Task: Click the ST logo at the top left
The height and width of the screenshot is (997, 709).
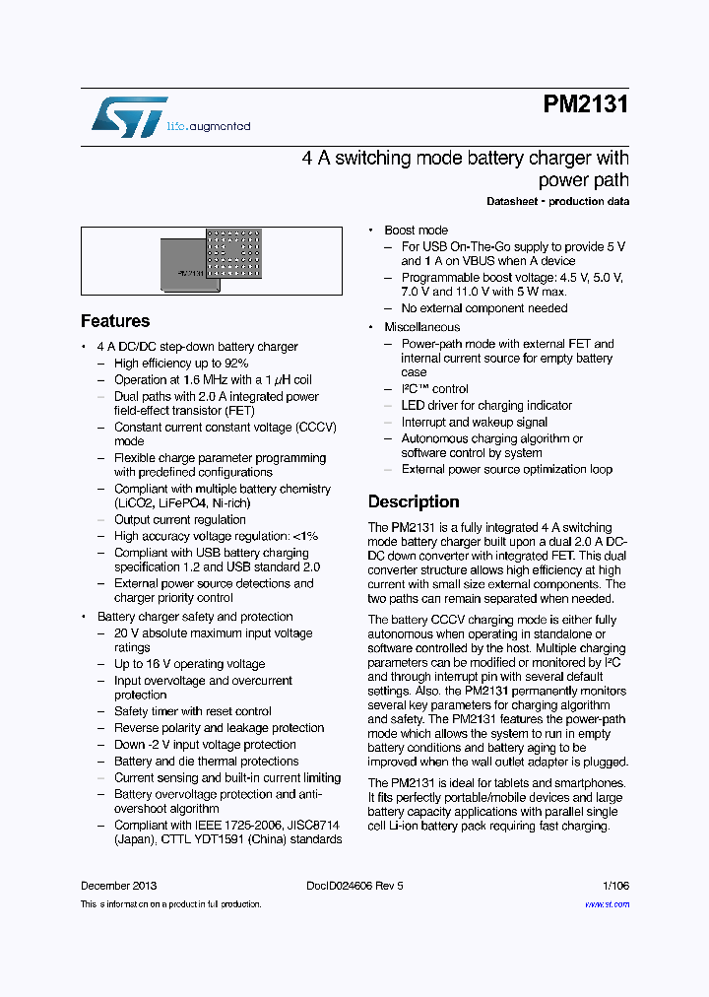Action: click(x=129, y=116)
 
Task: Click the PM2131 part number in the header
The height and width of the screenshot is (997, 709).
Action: click(x=585, y=105)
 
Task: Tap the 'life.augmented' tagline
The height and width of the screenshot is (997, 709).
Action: click(x=208, y=127)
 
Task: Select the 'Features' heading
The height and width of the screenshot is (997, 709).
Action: click(x=115, y=321)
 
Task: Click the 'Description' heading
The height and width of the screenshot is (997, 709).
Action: click(x=414, y=501)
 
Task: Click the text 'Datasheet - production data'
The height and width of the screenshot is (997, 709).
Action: click(x=557, y=202)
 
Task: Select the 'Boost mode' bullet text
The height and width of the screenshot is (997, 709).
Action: click(x=416, y=230)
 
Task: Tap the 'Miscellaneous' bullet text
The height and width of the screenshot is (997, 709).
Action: click(x=421, y=327)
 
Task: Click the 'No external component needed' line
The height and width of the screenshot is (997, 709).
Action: click(x=483, y=308)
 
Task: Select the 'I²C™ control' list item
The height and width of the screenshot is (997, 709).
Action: click(x=434, y=389)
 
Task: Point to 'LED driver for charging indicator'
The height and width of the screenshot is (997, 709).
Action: click(x=486, y=406)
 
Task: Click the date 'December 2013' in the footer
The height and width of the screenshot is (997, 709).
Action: click(x=118, y=886)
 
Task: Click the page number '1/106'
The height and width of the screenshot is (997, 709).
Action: click(x=615, y=886)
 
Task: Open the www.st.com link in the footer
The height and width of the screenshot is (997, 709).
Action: click(x=607, y=903)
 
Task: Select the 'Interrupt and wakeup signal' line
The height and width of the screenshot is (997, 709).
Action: click(x=474, y=423)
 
